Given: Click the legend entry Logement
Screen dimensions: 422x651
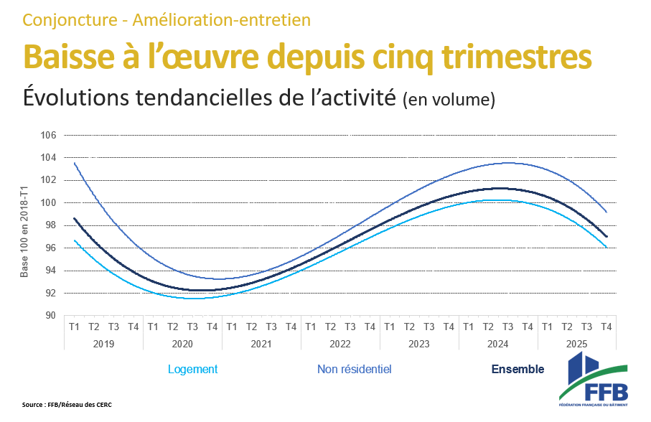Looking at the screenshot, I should (x=192, y=370).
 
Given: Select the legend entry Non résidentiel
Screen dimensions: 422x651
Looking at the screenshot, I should (x=354, y=370).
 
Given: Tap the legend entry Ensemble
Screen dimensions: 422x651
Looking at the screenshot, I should (x=517, y=370).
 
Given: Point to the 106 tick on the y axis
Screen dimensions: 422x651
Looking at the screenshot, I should (x=48, y=136).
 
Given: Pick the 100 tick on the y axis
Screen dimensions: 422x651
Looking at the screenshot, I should (x=48, y=203).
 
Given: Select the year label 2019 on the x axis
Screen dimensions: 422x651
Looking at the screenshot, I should (x=103, y=344).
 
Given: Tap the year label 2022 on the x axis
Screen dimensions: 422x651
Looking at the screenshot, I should (x=340, y=344).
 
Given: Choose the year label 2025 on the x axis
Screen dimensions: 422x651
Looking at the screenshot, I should (x=577, y=344).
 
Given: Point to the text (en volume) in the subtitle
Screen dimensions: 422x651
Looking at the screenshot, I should (x=449, y=100).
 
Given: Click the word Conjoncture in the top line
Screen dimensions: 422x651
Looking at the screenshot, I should (x=67, y=19).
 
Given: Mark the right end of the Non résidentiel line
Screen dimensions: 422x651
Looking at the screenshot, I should (x=606, y=212).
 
